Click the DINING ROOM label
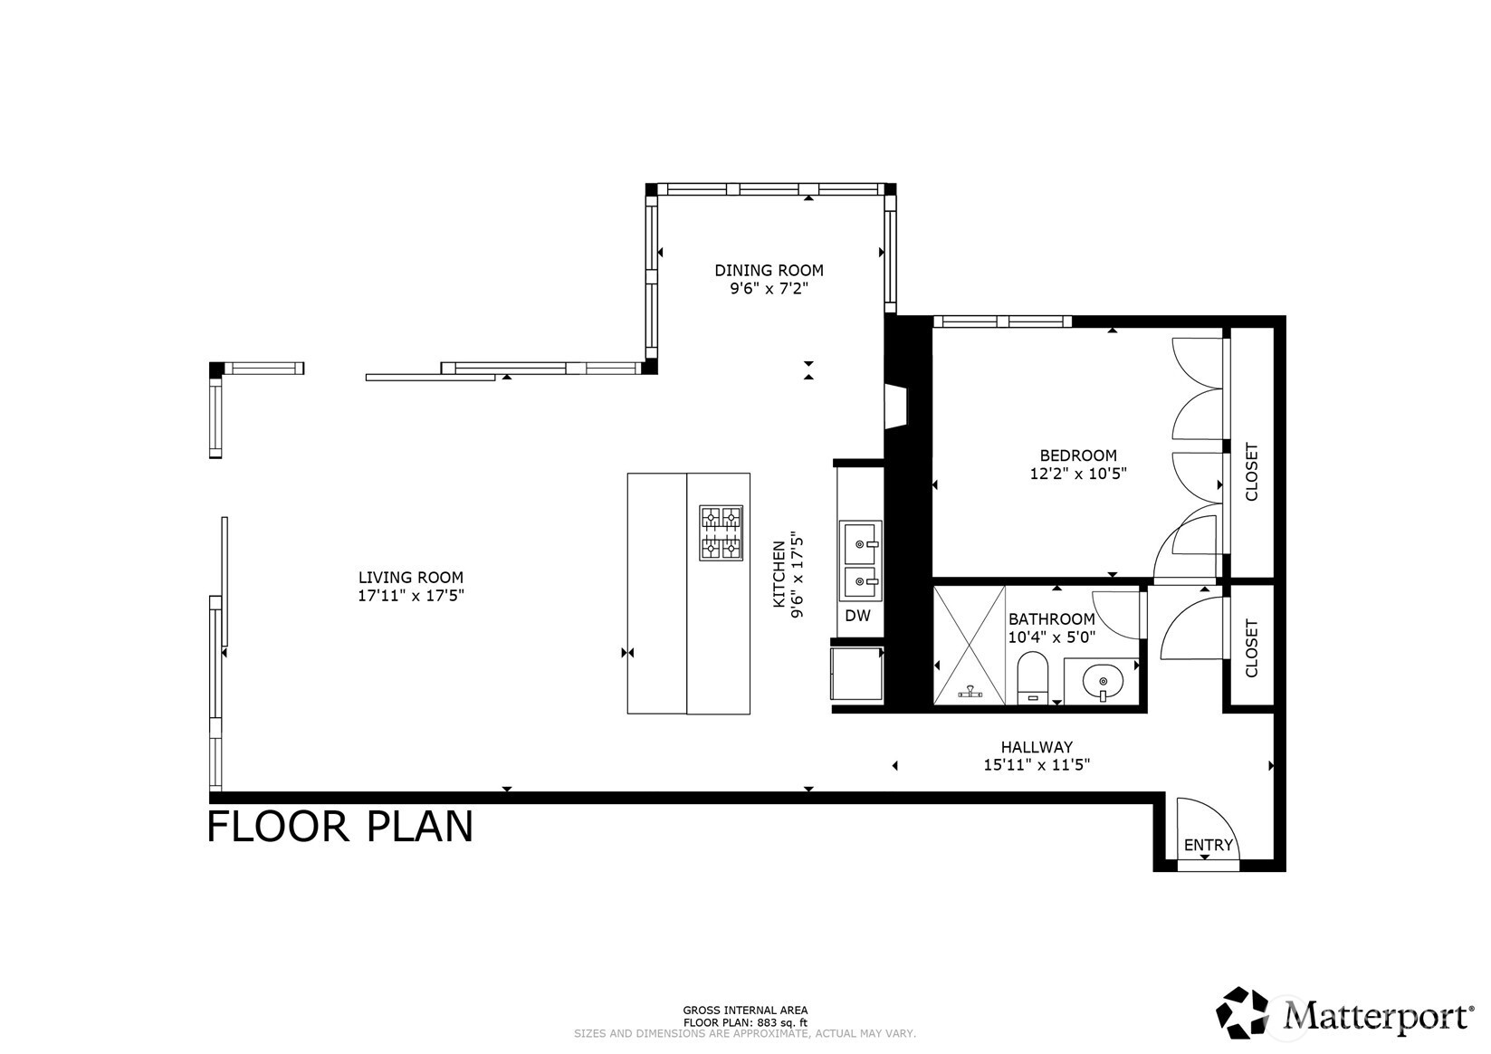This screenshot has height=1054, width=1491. click(x=769, y=270)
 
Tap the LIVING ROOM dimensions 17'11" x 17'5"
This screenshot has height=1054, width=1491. click(x=411, y=596)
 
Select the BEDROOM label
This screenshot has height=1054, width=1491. click(x=1077, y=455)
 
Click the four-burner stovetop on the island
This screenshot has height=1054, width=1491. click(x=721, y=532)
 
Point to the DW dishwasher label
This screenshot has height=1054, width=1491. click(x=857, y=616)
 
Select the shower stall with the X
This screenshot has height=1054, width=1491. click(x=970, y=645)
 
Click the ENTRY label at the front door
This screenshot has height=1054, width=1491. click(x=1209, y=845)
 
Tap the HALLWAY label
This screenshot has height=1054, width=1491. click(x=1037, y=747)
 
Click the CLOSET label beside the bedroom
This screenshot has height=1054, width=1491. click(x=1252, y=471)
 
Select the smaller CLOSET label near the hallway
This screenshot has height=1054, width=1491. click(x=1252, y=647)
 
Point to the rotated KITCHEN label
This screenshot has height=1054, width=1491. click(x=779, y=575)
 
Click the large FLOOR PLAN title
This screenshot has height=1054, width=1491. click(x=340, y=827)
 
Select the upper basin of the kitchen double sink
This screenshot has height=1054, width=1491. click(x=859, y=542)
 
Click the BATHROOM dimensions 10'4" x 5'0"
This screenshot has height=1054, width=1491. click(x=1052, y=637)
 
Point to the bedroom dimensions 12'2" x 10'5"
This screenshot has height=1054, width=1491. click(x=1077, y=473)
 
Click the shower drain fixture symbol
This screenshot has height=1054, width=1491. click(x=970, y=692)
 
